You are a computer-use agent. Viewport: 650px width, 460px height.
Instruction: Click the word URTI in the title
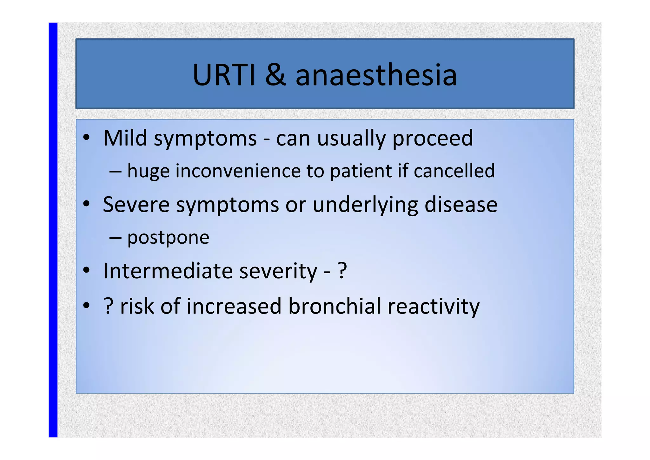pyautogui.click(x=224, y=75)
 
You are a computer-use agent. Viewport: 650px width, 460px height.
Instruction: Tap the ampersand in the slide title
pyautogui.click(x=275, y=75)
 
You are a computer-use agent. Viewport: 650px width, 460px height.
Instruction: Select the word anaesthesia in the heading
pyautogui.click(x=376, y=75)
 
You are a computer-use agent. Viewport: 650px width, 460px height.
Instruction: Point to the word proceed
pyautogui.click(x=433, y=139)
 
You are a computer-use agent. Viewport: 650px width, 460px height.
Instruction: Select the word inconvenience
pyautogui.click(x=238, y=171)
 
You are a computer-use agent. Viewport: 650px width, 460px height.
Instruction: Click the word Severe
pyautogui.click(x=136, y=205)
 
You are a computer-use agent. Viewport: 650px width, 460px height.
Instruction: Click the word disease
pyautogui.click(x=461, y=205)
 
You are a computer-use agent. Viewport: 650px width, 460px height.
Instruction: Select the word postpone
pyautogui.click(x=168, y=238)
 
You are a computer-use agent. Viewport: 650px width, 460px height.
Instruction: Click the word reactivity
pyautogui.click(x=433, y=307)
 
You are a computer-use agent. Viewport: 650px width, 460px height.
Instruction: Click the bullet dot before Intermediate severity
pyautogui.click(x=86, y=271)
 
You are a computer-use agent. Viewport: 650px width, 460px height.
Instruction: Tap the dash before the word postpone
pyautogui.click(x=115, y=238)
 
